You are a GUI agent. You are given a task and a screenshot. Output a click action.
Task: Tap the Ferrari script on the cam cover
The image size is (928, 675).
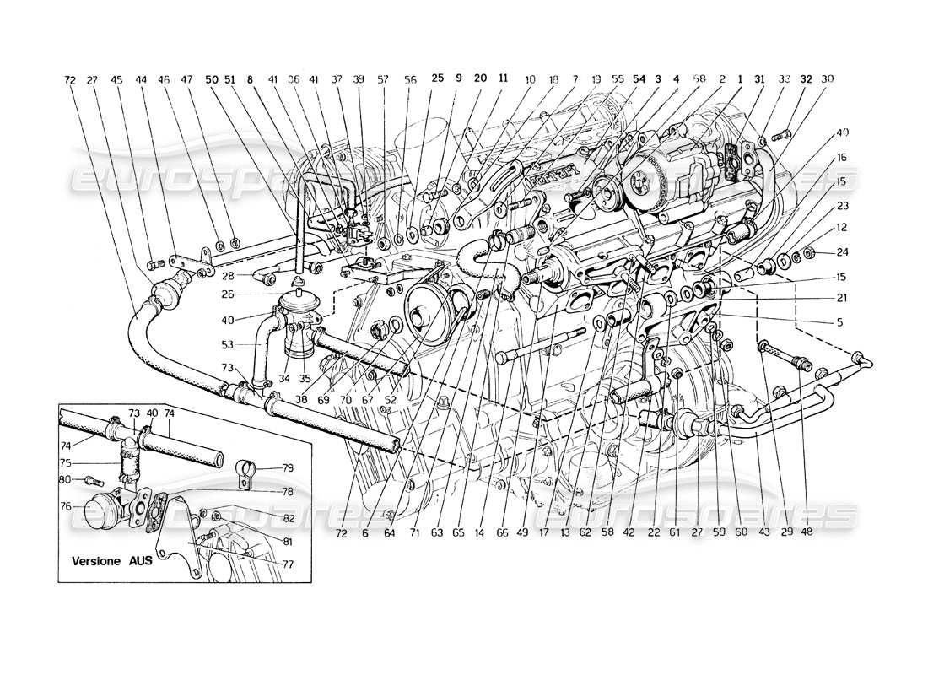[x=554, y=172]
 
